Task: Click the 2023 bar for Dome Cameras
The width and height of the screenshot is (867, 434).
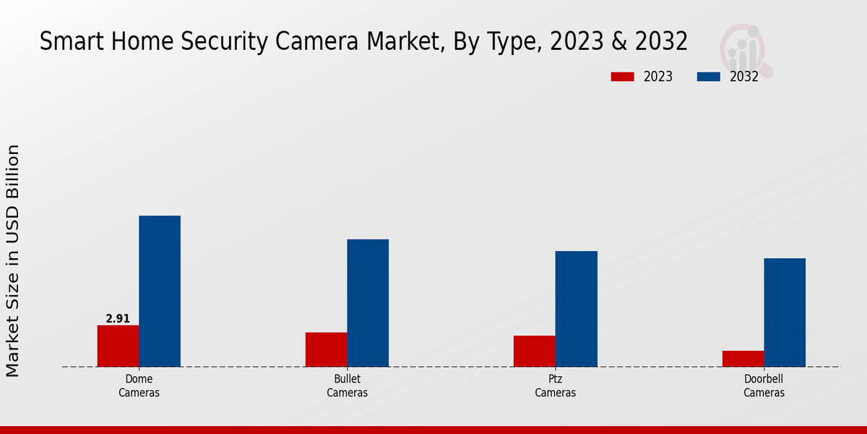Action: (118, 346)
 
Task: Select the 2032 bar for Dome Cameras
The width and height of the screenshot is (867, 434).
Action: (160, 291)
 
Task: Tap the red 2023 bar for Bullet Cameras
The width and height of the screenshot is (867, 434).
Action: (326, 349)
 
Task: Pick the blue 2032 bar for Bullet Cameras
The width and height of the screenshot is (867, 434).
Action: (368, 302)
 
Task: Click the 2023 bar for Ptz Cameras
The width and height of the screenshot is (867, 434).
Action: (535, 351)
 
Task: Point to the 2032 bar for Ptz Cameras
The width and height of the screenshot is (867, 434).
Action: (577, 308)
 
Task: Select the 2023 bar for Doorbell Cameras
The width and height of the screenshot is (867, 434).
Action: (743, 359)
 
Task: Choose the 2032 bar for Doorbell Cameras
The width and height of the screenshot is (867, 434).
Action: (785, 312)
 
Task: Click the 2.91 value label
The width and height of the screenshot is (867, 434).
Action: (118, 318)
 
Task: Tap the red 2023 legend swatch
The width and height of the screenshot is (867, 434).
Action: (622, 77)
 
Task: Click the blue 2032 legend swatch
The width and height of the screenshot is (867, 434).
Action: (709, 77)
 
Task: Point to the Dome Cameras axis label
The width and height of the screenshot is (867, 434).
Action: (139, 386)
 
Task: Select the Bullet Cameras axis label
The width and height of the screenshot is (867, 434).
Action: (347, 386)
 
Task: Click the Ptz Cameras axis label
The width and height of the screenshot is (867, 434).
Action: (556, 386)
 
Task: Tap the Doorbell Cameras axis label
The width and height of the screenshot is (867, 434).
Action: (764, 386)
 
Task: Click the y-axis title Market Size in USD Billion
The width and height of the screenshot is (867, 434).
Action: (13, 260)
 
